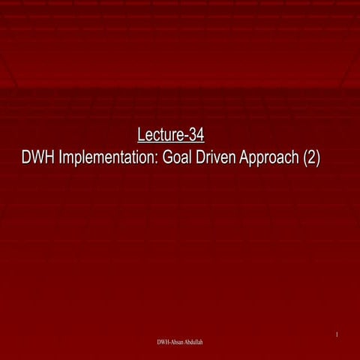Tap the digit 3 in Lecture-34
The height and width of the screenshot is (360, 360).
tap(194, 136)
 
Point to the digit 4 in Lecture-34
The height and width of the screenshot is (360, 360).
tap(201, 136)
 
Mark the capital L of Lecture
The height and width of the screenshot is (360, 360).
tap(142, 136)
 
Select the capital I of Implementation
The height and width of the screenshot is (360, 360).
tap(62, 158)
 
